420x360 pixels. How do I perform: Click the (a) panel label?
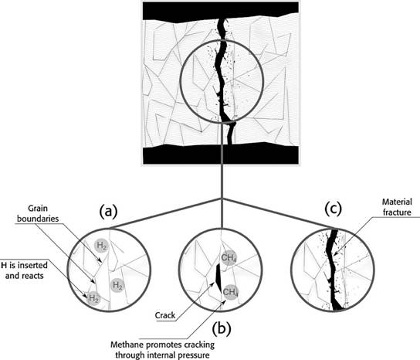109,212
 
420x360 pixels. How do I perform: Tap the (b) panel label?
222,329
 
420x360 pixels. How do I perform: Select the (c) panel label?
334,209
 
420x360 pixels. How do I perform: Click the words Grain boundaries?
38,213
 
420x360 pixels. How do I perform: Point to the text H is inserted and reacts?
24,270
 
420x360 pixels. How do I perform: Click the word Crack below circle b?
165,315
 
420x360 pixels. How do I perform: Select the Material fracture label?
397,207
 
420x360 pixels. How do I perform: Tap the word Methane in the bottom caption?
125,345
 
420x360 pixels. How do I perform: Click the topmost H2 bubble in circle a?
101,245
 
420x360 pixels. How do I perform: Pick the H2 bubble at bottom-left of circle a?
93,298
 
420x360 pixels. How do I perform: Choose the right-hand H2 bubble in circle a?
117,285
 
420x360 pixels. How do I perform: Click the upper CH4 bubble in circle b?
229,258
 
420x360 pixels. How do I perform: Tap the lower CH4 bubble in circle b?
230,292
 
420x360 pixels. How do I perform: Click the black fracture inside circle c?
333,270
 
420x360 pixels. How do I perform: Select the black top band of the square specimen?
220,11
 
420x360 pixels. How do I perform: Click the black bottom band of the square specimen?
220,155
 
